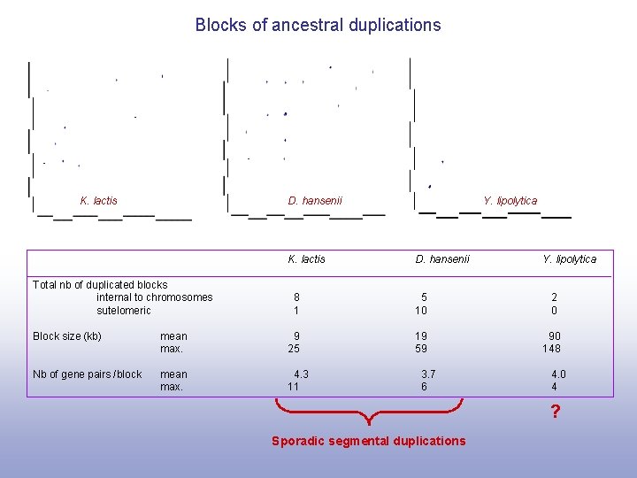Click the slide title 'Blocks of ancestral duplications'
[x=318, y=25]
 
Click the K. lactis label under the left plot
[x=98, y=201]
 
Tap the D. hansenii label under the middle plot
[x=315, y=201]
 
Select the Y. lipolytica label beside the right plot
[x=510, y=201]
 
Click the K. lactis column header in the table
[x=306, y=259]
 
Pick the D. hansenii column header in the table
[x=442, y=259]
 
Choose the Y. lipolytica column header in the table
[x=569, y=259]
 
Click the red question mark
[x=555, y=412]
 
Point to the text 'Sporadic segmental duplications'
[x=368, y=441]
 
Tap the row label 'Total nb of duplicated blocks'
[x=100, y=285]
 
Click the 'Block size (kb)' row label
[x=67, y=336]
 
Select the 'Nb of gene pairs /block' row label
[x=87, y=374]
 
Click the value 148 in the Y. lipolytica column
[x=552, y=349]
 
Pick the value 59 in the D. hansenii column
[x=421, y=349]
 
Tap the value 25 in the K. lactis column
[x=294, y=349]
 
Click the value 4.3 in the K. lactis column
[x=301, y=374]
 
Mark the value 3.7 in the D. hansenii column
[x=428, y=374]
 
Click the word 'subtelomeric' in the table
[x=124, y=311]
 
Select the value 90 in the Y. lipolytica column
[x=555, y=336]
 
